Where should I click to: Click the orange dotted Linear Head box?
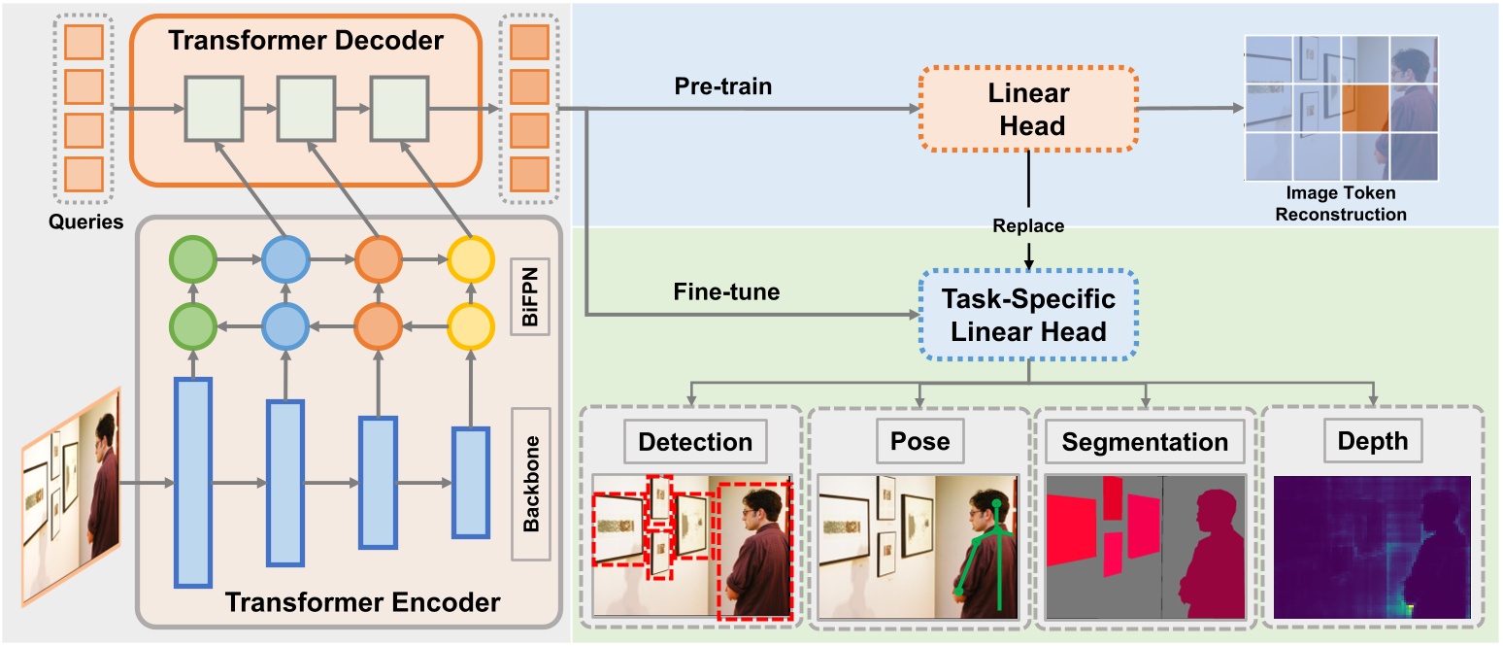[1028, 110]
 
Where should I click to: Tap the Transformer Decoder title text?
[306, 41]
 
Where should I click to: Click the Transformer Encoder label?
[362, 602]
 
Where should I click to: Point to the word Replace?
[1028, 225]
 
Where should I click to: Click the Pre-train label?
[722, 85]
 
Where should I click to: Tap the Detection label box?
[695, 442]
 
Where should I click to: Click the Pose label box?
[920, 442]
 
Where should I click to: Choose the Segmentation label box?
[1145, 442]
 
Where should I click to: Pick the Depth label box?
[1373, 442]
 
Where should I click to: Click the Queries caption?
[86, 221]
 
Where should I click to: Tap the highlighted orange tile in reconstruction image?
[1365, 107]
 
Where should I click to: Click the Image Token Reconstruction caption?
[1341, 205]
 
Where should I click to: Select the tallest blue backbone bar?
[192, 482]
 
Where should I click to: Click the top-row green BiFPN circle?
[192, 261]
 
